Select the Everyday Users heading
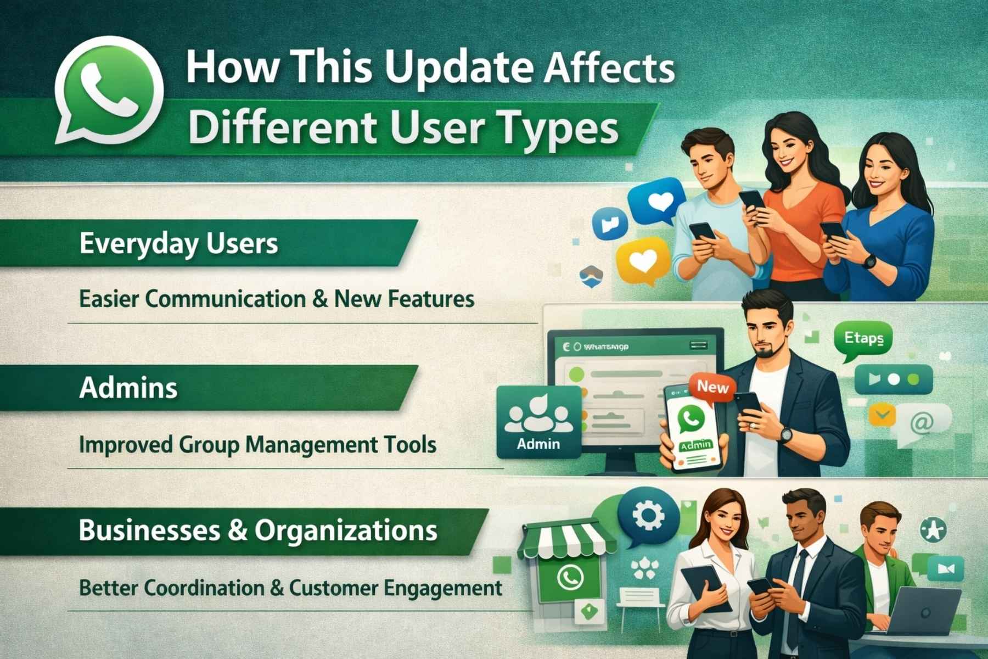pos(178,243)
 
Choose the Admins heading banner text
pos(128,388)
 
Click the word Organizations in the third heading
pos(346,530)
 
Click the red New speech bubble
pos(712,388)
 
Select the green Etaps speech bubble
pos(863,339)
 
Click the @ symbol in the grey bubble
pos(921,423)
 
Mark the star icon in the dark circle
pos(933,530)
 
